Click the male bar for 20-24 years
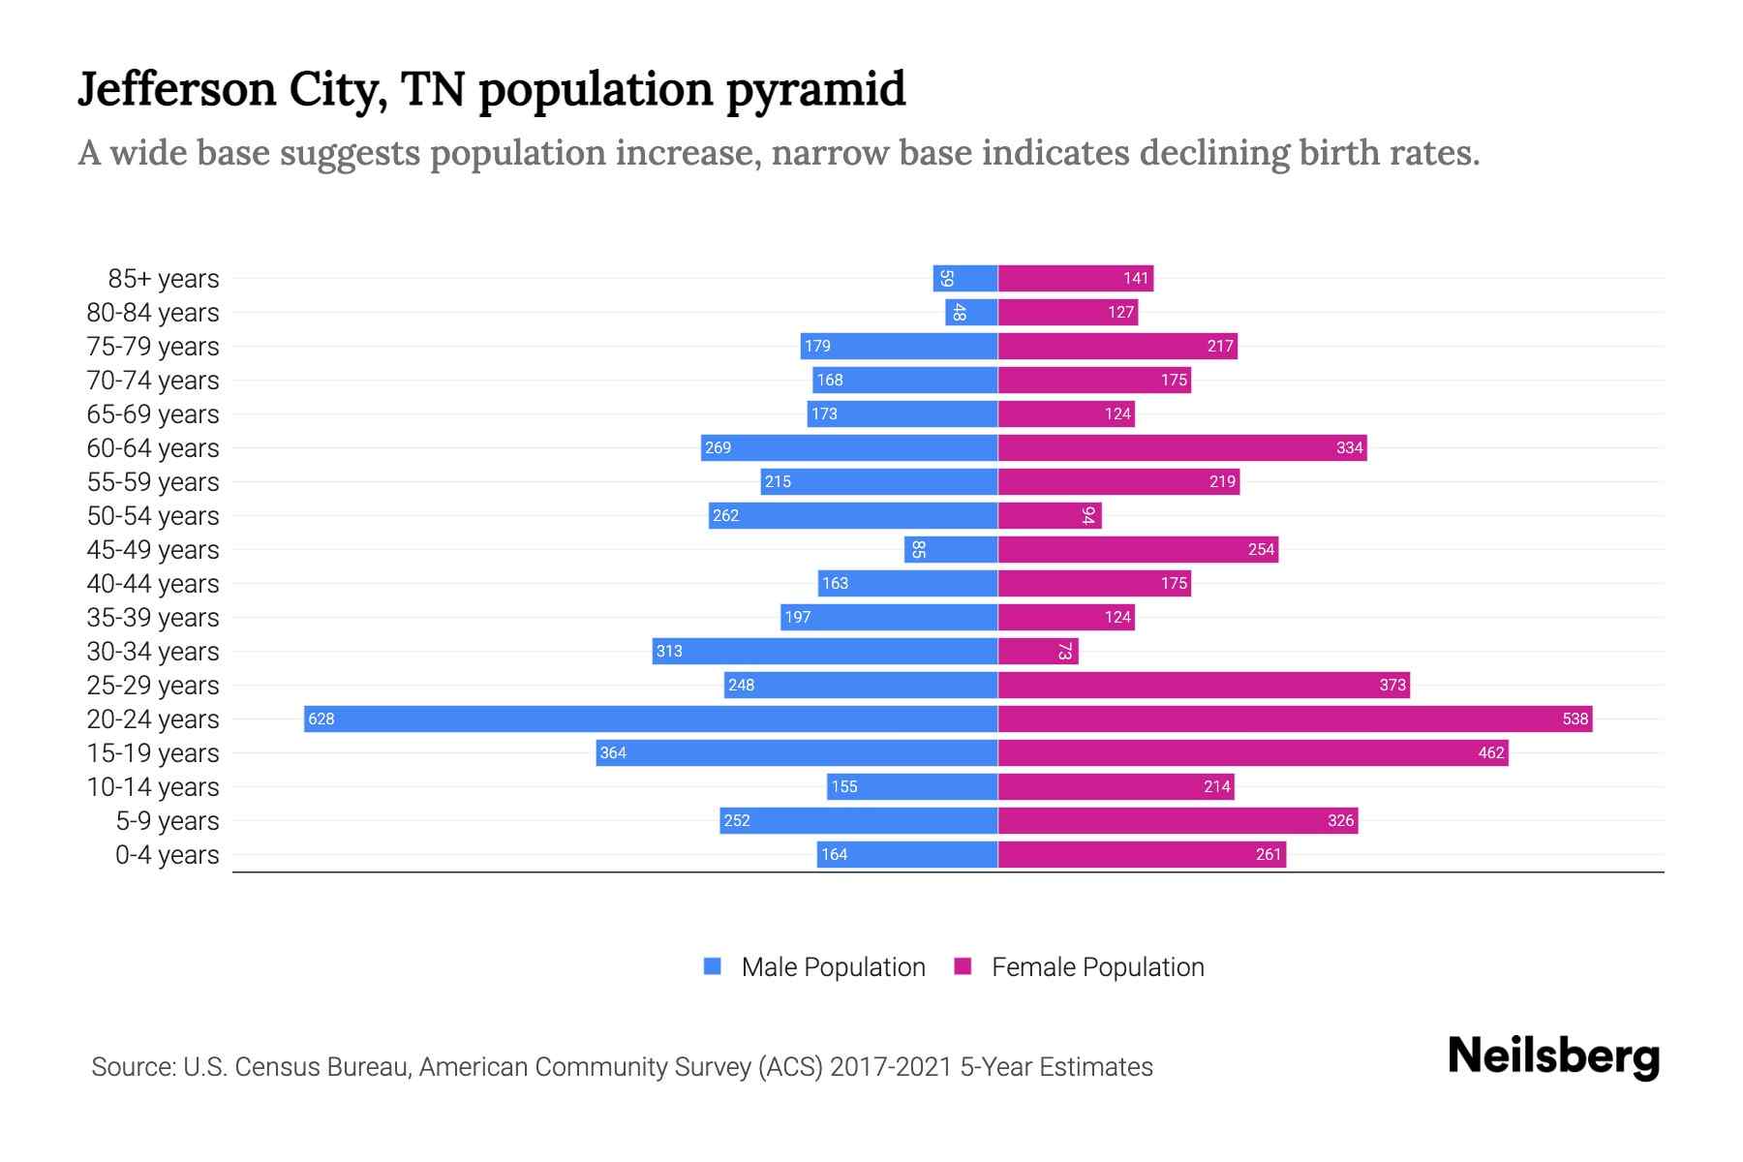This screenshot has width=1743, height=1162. click(x=651, y=719)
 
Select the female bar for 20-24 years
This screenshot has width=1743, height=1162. click(x=1295, y=719)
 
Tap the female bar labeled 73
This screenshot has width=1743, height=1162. click(x=1038, y=651)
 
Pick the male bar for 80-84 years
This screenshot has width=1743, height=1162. click(x=971, y=312)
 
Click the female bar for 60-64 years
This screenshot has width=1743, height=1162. click(x=1182, y=447)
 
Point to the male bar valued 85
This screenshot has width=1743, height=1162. click(x=951, y=549)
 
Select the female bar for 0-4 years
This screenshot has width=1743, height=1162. click(x=1142, y=854)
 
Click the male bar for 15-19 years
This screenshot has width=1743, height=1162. click(x=797, y=752)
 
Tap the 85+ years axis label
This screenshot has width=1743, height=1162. click(x=163, y=279)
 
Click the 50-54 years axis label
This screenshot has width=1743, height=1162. click(x=153, y=516)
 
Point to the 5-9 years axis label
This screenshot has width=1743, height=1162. click(x=167, y=821)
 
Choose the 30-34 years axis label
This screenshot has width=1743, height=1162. click(x=153, y=652)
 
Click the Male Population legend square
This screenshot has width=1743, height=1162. click(x=713, y=966)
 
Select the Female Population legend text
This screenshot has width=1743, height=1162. click(x=1097, y=967)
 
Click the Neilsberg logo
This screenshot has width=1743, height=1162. click(x=1553, y=1056)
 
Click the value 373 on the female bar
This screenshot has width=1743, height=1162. click(x=1391, y=685)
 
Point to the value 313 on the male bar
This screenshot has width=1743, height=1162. click(x=669, y=651)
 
